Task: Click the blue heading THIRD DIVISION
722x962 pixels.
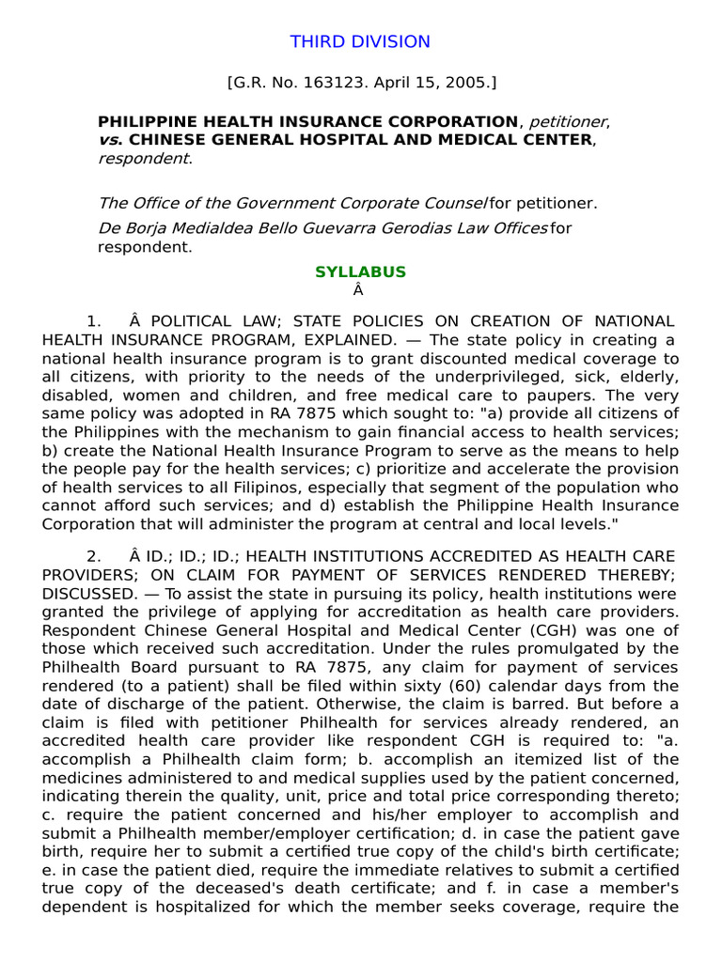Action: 360,42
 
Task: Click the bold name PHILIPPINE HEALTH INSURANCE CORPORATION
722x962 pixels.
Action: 307,122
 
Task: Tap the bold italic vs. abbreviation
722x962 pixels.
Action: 110,140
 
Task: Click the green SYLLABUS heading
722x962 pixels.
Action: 360,272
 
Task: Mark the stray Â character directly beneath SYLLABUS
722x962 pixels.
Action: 357,290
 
